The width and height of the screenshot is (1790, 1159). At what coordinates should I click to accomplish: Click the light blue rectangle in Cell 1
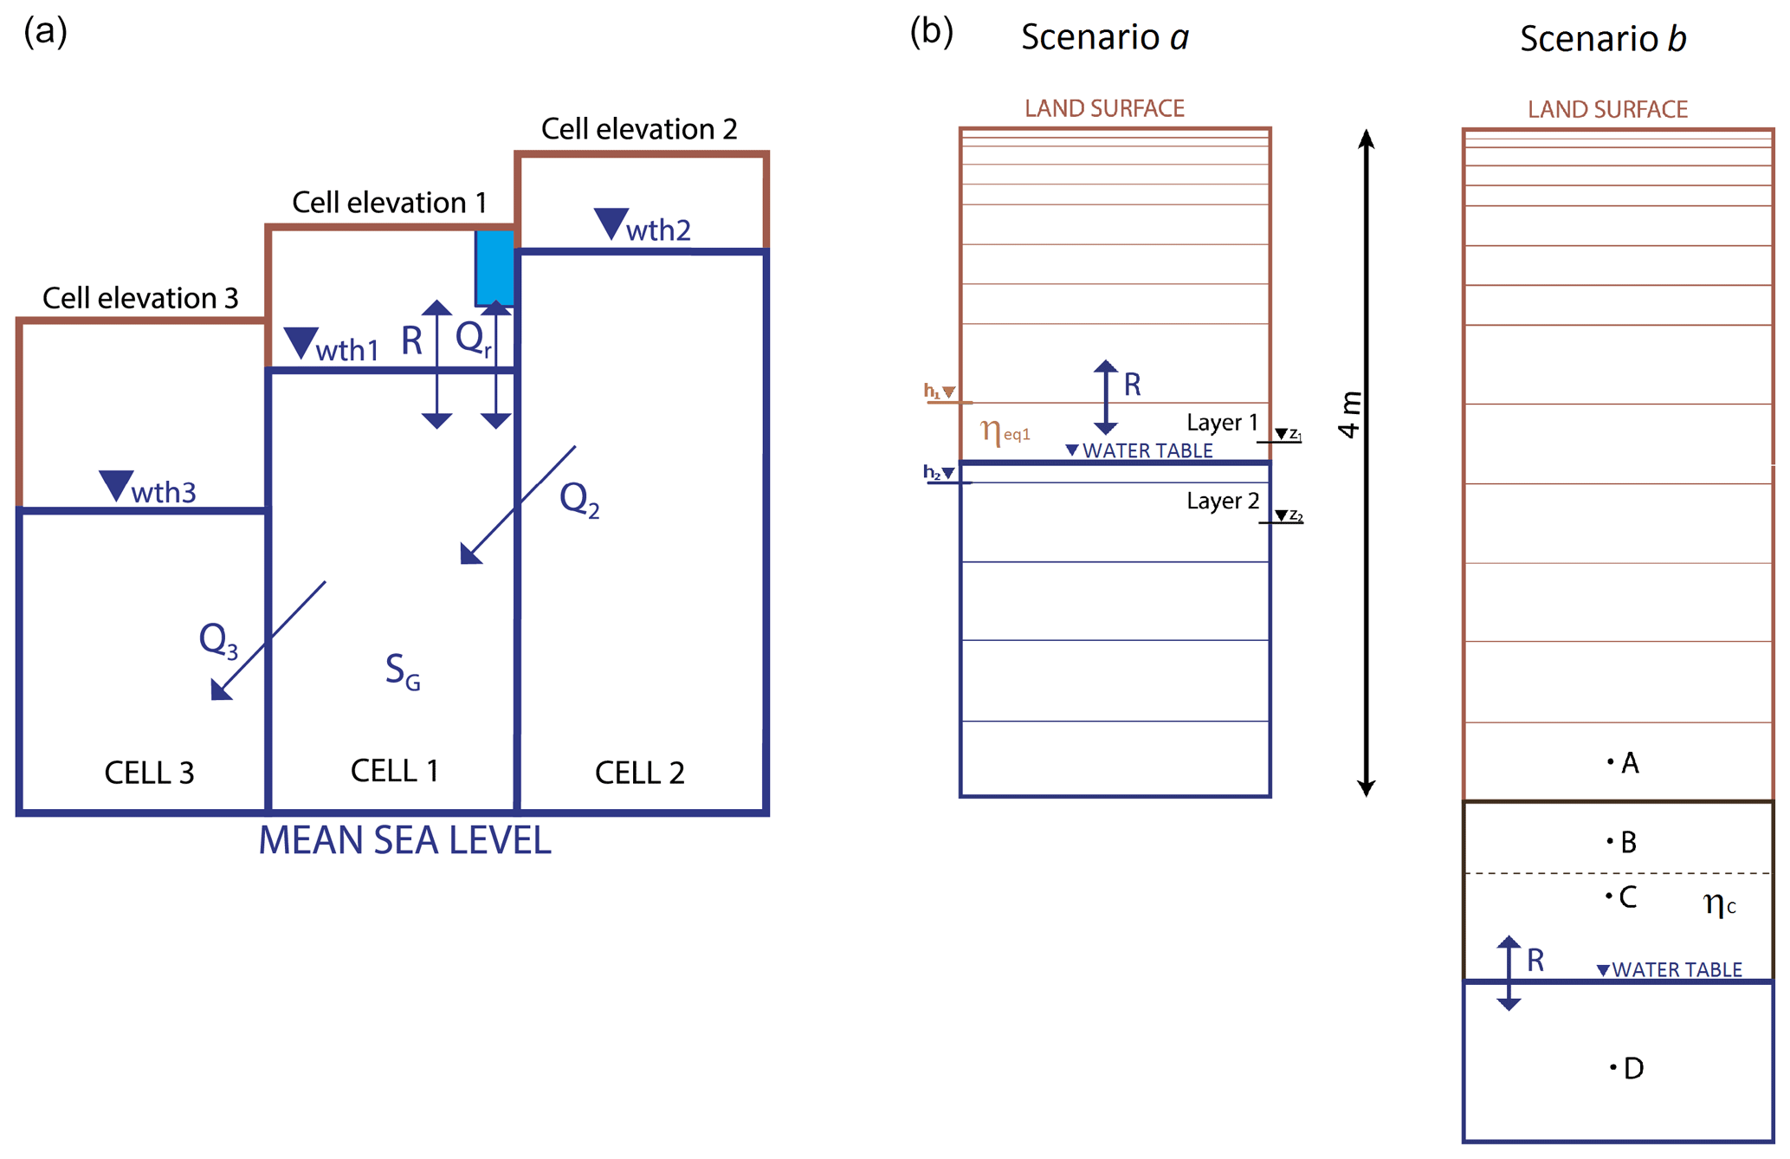495,267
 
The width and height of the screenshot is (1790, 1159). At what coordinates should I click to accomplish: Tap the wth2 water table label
643,228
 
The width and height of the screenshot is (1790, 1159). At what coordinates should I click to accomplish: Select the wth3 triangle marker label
148,489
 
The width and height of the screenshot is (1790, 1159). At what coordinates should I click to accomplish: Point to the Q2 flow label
579,500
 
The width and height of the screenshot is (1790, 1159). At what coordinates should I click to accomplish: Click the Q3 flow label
217,641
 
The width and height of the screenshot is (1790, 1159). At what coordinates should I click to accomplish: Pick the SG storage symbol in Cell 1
403,671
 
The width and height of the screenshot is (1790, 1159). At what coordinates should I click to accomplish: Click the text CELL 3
149,773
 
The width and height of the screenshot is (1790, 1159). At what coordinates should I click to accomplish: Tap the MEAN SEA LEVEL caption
404,841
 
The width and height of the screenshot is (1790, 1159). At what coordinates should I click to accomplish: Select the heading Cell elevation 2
639,129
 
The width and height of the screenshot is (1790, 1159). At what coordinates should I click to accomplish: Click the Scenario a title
1105,37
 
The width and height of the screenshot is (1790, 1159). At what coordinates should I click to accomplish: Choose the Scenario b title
1603,39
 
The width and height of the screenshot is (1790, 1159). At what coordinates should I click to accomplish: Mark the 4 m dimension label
1349,415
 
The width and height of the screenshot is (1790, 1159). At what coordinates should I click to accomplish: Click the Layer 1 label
1222,423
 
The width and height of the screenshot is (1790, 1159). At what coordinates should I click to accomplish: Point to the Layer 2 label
1222,501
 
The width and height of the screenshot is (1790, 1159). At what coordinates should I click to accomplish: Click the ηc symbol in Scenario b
1719,903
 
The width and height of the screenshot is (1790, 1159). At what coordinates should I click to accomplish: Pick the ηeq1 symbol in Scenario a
1005,431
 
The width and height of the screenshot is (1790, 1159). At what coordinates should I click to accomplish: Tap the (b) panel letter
931,32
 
